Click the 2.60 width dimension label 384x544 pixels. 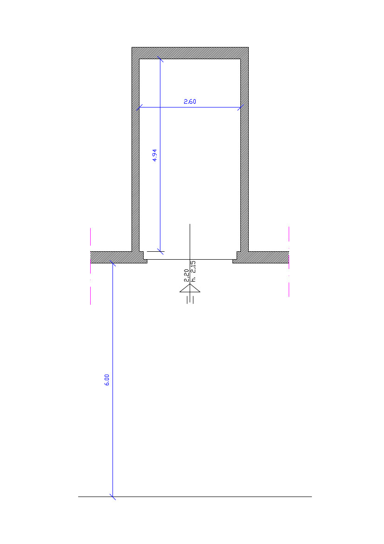190,101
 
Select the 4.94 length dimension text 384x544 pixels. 154,155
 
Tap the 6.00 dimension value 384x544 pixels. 107,380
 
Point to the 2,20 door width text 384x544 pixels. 186,275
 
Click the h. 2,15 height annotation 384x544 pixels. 193,271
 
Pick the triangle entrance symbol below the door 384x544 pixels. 190,289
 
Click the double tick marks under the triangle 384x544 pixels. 190,300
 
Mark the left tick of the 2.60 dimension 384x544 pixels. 139,107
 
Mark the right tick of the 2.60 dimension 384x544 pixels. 240,107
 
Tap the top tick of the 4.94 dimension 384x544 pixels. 160,59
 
